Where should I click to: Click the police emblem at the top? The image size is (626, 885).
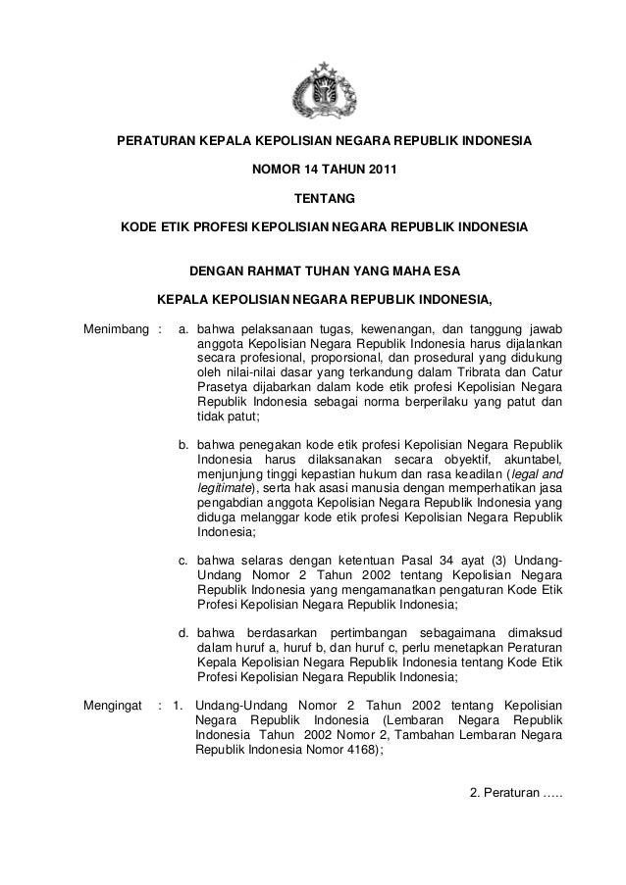tap(324, 89)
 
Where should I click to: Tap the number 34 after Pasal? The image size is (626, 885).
tap(459, 561)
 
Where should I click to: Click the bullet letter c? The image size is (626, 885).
tap(183, 561)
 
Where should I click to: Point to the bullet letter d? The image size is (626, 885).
tap(183, 631)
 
